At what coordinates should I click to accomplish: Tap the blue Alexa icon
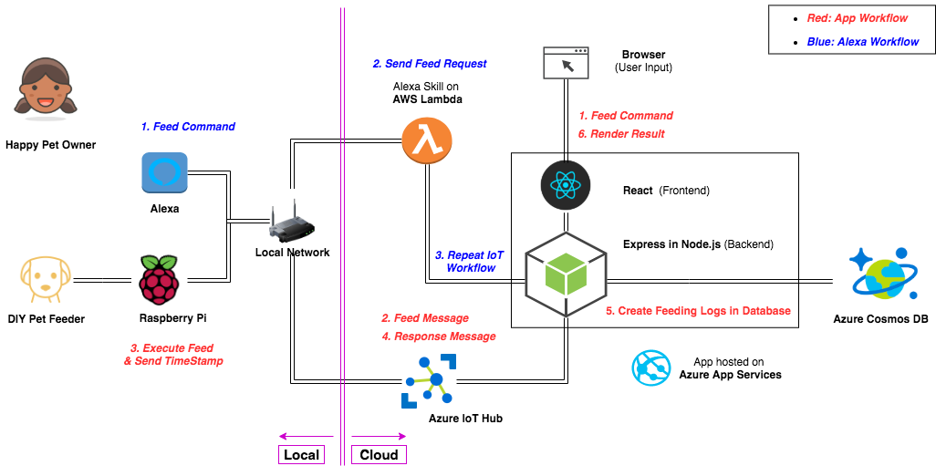point(164,173)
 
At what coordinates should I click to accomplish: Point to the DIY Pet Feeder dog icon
point(45,279)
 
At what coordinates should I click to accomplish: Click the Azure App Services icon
point(652,368)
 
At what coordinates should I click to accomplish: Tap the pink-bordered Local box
point(302,454)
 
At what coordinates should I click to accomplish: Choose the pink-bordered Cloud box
point(379,454)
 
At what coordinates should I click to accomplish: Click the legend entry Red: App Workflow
point(858,18)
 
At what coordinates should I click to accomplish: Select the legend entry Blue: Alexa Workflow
point(863,41)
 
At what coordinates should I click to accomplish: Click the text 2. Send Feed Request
point(429,64)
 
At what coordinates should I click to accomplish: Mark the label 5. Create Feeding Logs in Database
point(698,311)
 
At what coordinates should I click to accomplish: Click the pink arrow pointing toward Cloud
point(379,436)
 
